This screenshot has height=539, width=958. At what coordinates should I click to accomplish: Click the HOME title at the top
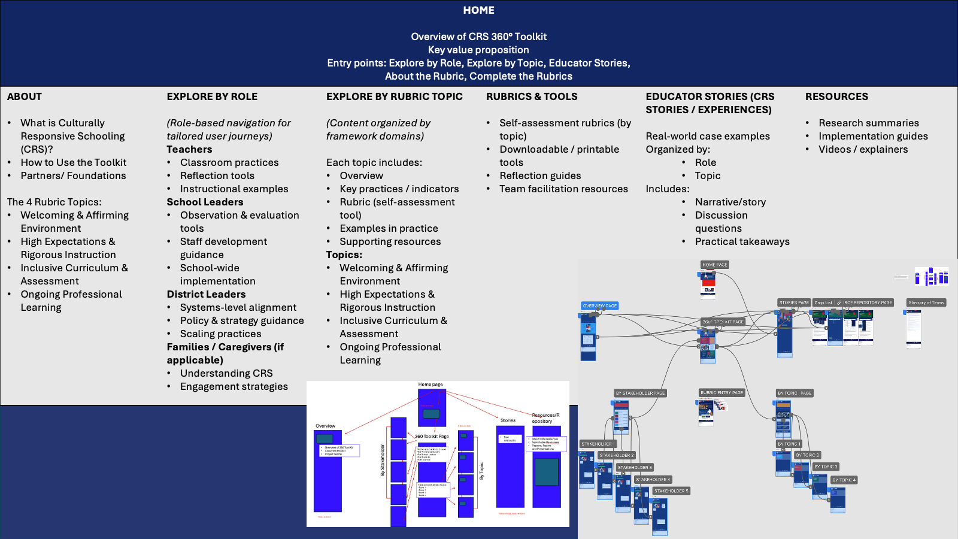coord(478,10)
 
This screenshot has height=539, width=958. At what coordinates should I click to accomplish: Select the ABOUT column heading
coord(25,96)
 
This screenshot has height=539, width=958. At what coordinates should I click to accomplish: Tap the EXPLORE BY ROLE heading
coord(212,96)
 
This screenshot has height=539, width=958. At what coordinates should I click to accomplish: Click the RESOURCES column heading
coord(836,96)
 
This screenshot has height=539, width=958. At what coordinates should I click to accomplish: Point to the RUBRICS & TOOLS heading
coord(532,96)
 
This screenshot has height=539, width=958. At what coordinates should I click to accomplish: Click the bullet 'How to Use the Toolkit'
coord(74,162)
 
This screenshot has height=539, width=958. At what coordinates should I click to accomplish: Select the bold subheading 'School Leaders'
coord(205,202)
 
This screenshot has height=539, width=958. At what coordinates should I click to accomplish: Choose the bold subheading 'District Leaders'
coord(206,294)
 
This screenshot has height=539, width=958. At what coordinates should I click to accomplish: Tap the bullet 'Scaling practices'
coord(220,334)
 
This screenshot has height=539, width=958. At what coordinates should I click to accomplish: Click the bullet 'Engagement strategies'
coord(234,386)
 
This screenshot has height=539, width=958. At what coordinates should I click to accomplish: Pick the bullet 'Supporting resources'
coord(390,241)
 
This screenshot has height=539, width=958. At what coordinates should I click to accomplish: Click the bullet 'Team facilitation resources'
coord(563,189)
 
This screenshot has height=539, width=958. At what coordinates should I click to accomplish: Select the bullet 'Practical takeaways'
coord(742,241)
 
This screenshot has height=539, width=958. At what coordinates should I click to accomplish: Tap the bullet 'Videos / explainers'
coord(863,149)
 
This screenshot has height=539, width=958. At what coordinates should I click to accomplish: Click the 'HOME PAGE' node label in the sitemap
coord(715,265)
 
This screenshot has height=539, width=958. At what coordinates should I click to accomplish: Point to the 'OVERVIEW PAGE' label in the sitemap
coord(600,305)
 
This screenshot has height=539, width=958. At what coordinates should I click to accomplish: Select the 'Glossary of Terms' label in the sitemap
coord(926,302)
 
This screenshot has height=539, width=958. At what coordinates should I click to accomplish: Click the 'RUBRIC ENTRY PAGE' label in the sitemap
coord(721,393)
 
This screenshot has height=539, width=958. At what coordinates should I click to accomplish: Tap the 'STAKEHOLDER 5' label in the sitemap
coord(671,491)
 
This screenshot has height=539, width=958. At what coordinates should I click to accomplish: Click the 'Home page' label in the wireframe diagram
coord(431,384)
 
